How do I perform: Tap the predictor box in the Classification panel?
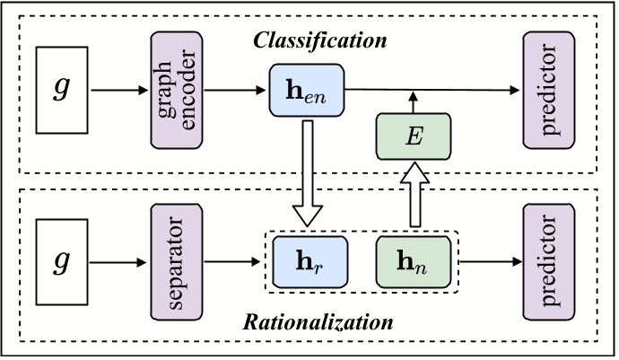[x=548, y=90]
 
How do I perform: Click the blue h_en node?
[x=308, y=91]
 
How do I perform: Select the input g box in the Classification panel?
[x=60, y=90]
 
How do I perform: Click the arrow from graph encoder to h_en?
[x=235, y=90]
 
